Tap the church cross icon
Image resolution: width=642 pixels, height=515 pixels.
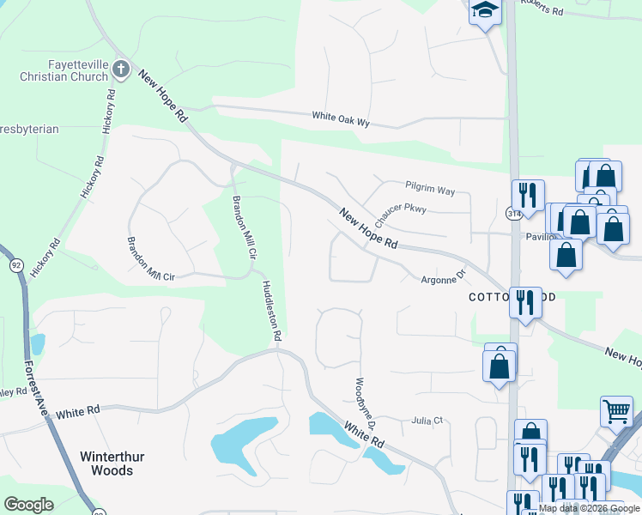coord(122,69)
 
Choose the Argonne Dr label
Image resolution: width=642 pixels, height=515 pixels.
coord(442,277)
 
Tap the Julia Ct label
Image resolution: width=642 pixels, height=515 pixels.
coord(427,420)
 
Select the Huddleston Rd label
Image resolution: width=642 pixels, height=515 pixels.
coord(270,311)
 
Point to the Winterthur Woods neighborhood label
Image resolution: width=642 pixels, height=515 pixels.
coord(106,463)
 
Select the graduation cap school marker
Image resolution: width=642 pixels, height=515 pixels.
coord(485,11)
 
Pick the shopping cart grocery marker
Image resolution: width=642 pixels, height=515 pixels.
coord(616,411)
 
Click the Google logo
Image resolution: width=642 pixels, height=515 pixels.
coord(28,505)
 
